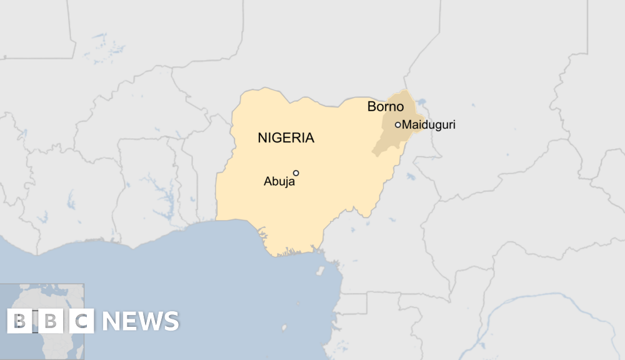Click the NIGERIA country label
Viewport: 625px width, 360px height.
[x=286, y=138]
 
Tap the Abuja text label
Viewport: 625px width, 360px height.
[x=279, y=182]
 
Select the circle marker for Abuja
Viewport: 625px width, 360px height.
[x=296, y=173]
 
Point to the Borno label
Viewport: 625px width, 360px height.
[x=385, y=107]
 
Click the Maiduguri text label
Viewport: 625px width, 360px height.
[x=429, y=125]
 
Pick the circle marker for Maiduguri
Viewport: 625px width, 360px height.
[x=397, y=125]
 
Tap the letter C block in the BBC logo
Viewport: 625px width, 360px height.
[x=82, y=321]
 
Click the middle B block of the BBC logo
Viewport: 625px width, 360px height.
[x=51, y=321]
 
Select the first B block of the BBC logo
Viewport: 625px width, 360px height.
[x=19, y=321]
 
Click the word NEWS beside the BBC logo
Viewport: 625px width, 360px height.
[x=141, y=321]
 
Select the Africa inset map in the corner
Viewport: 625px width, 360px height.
[x=42, y=321]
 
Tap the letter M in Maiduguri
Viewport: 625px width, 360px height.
[x=406, y=125]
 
